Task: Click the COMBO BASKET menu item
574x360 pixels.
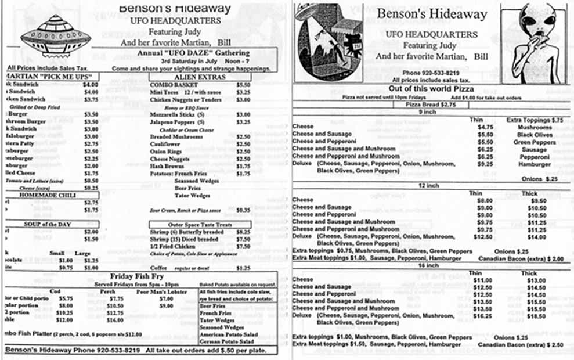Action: point(169,85)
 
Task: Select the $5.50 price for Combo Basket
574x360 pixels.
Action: point(243,85)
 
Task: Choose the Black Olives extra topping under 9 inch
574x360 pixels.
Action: point(535,134)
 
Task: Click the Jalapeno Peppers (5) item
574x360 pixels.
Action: point(178,123)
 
